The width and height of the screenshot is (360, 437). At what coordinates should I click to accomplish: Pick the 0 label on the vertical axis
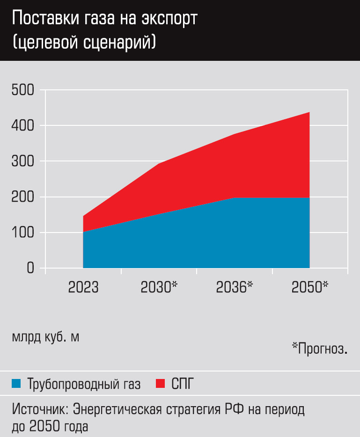tap(30, 268)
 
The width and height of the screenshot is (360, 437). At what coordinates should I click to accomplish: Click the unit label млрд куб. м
tap(45, 337)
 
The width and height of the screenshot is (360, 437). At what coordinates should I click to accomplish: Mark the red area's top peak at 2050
tap(309, 112)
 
